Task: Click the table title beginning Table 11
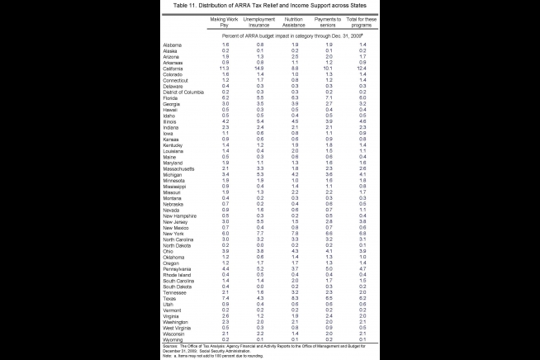click(x=270, y=6)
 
